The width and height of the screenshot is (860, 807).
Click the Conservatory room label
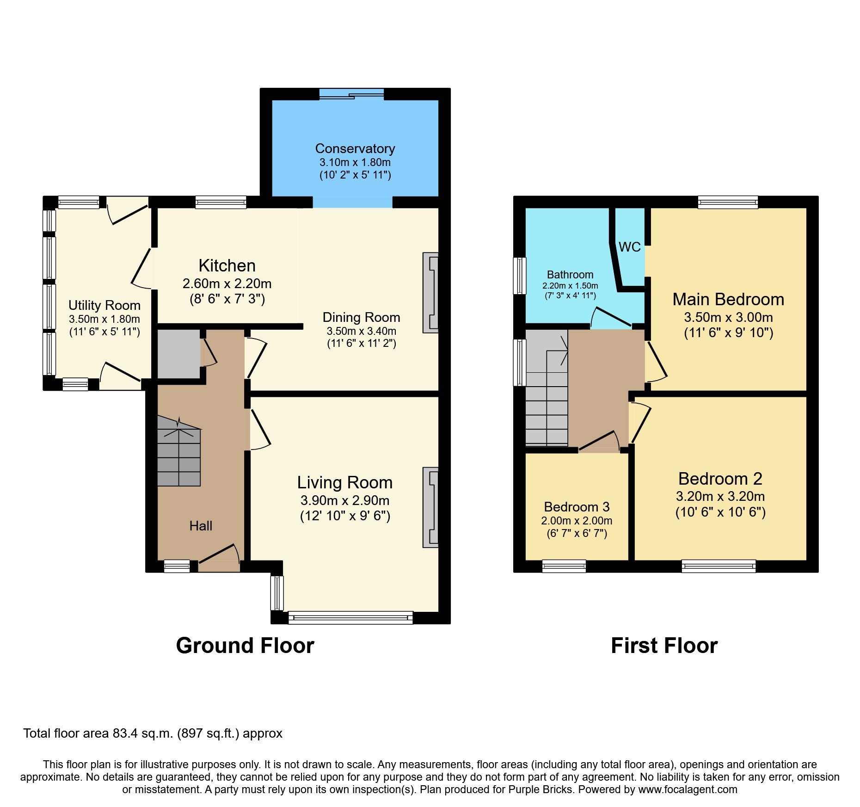click(x=355, y=148)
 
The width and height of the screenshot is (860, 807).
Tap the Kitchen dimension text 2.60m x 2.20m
click(x=227, y=283)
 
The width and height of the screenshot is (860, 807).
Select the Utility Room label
click(x=104, y=305)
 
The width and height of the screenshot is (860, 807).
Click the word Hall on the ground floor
click(x=201, y=526)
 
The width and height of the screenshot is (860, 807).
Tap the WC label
click(x=629, y=247)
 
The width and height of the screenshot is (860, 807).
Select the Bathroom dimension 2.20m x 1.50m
click(x=570, y=286)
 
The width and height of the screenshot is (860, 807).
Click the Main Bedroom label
click(x=728, y=299)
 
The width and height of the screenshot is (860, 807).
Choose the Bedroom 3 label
click(x=577, y=507)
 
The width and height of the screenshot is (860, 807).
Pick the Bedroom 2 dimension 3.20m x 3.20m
click(x=720, y=497)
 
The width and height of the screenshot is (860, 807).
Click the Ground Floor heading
click(x=245, y=645)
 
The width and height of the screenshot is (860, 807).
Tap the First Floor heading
click(x=664, y=645)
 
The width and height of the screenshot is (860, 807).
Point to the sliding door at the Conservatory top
click(x=351, y=94)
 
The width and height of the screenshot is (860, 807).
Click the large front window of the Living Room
click(x=350, y=618)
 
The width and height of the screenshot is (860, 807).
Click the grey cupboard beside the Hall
click(x=178, y=353)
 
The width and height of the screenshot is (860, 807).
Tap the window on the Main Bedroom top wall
click(x=728, y=202)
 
